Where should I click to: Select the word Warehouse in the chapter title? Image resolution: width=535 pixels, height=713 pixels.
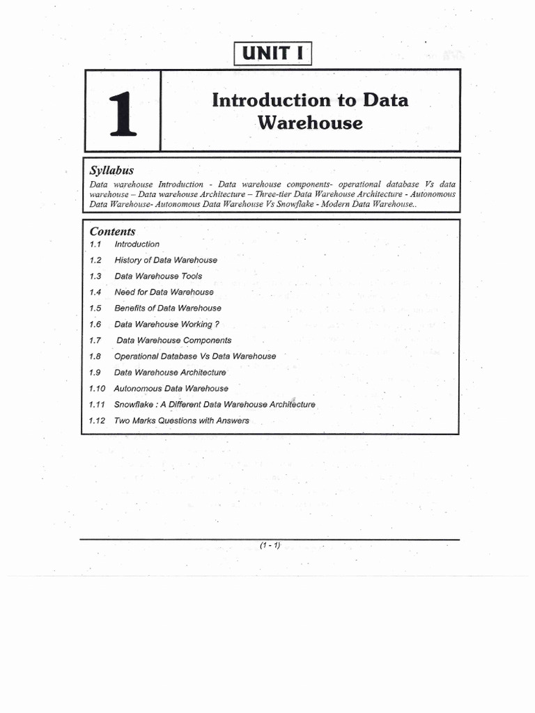pos(310,123)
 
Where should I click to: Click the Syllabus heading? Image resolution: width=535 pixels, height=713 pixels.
pos(111,171)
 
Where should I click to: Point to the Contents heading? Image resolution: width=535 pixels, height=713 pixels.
pos(112,231)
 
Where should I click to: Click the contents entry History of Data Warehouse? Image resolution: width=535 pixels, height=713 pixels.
pos(166,260)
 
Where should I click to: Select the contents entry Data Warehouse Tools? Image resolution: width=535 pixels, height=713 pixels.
pos(158,276)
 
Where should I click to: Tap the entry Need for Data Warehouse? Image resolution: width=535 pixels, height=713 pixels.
pos(164,292)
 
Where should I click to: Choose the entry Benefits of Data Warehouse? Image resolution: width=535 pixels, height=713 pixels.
pos(168,308)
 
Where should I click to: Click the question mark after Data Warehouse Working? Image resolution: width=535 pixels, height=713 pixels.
pos(217,324)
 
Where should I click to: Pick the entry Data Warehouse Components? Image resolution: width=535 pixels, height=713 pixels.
pos(174,340)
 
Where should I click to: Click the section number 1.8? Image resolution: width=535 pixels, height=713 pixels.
pos(95,356)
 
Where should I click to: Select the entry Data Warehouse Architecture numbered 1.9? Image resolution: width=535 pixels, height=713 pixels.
pos(170,373)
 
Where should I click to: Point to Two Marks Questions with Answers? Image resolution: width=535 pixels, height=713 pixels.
pos(181,421)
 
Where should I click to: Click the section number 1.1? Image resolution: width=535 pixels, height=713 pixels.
pos(95,244)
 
